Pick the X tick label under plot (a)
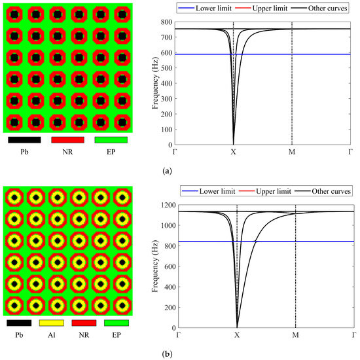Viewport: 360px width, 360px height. (x=233, y=152)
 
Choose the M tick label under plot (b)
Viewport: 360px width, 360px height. (x=295, y=334)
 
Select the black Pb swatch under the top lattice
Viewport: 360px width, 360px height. (x=25, y=139)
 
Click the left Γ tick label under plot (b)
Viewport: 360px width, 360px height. (x=177, y=334)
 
